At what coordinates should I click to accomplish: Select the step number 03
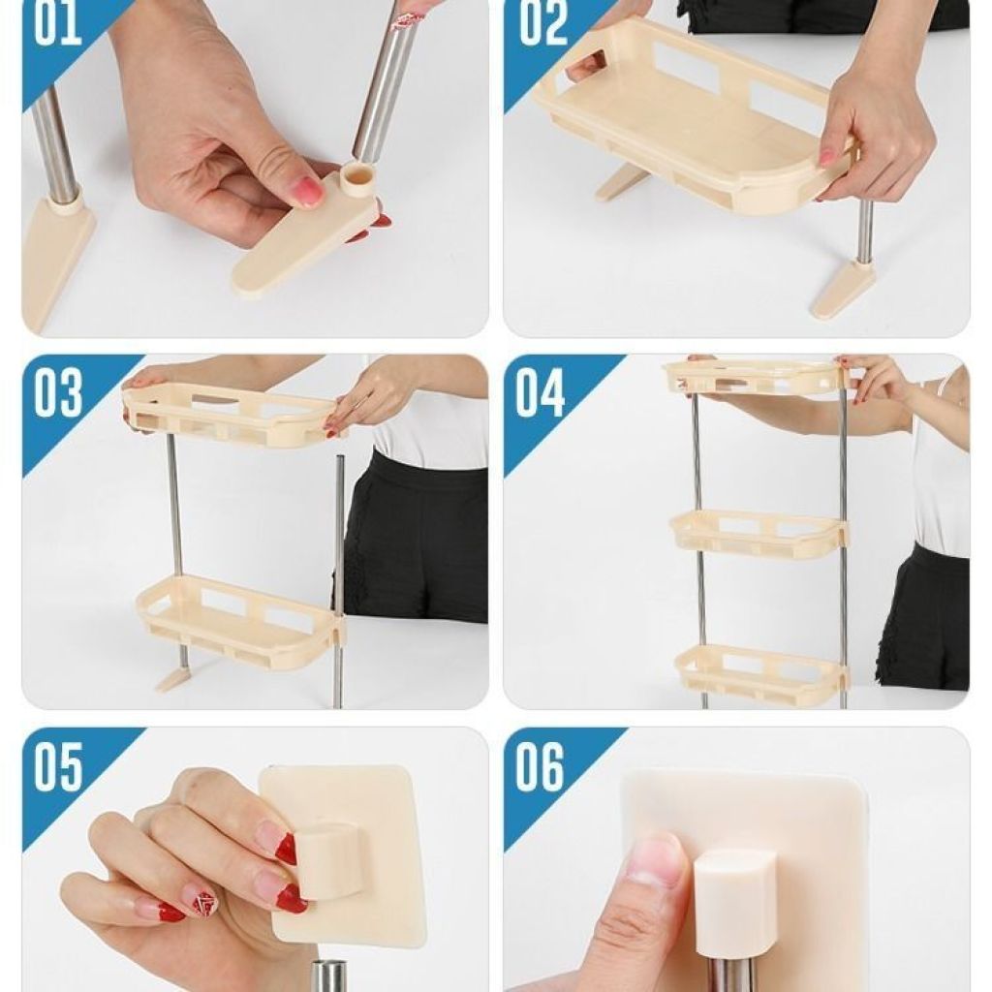(58, 393)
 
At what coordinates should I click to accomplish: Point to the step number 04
(541, 393)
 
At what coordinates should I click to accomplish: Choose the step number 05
(58, 767)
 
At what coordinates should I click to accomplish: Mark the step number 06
(540, 767)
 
